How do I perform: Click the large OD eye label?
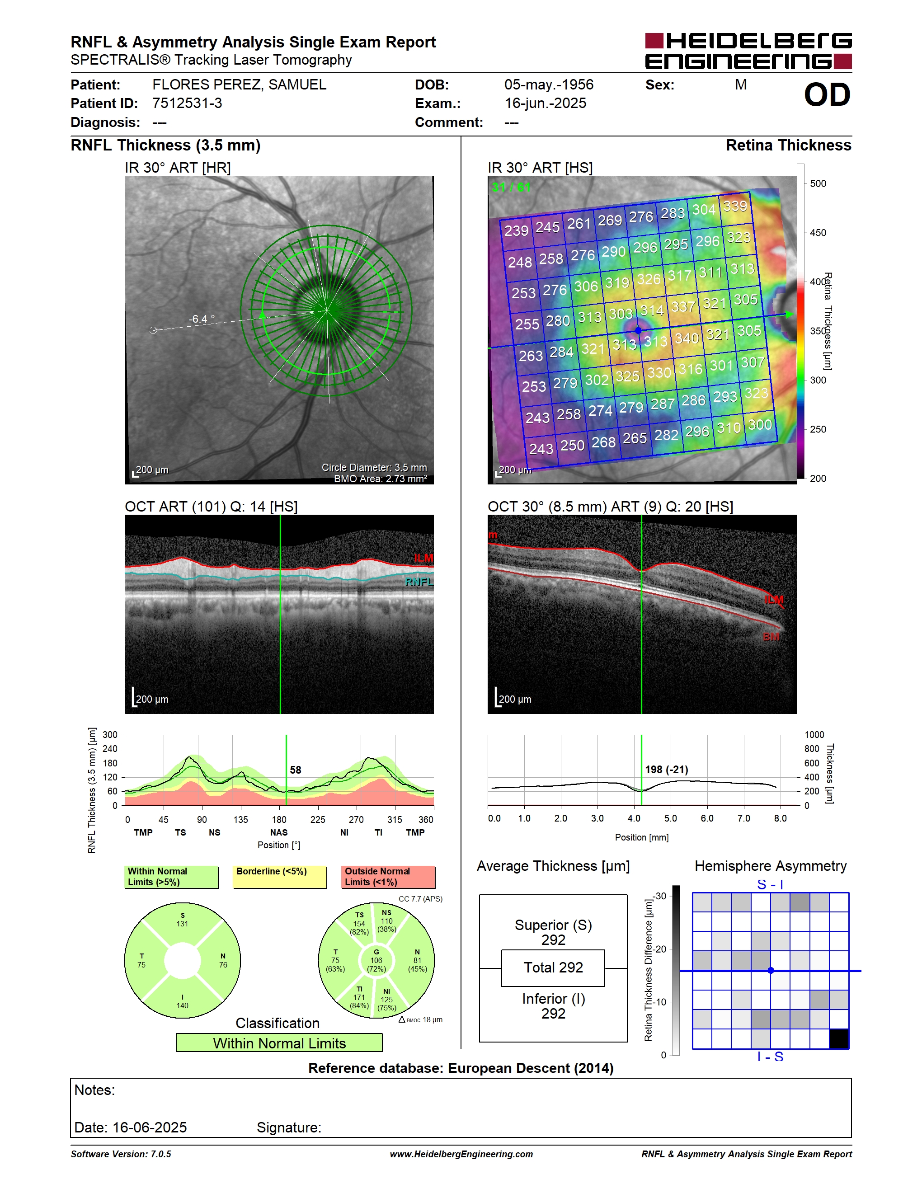(x=827, y=95)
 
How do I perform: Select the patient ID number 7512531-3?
(x=188, y=103)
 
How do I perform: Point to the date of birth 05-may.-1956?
(x=548, y=85)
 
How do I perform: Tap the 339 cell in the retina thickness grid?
(x=735, y=206)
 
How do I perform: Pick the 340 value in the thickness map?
(x=687, y=338)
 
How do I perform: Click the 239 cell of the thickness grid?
(x=516, y=230)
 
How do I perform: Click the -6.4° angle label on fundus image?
(x=202, y=319)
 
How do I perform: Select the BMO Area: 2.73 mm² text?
(x=381, y=479)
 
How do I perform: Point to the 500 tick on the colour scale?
(x=818, y=183)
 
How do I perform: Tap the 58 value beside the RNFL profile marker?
(x=296, y=770)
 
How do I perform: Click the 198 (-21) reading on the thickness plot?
(x=666, y=770)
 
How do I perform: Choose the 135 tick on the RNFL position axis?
(x=240, y=819)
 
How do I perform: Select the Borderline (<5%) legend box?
(x=280, y=877)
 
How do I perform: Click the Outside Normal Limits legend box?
(x=388, y=877)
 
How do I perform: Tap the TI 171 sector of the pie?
(x=359, y=998)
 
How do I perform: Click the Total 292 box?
(x=553, y=968)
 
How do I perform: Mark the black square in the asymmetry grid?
(x=839, y=1038)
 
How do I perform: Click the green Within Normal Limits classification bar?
(x=279, y=1043)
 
